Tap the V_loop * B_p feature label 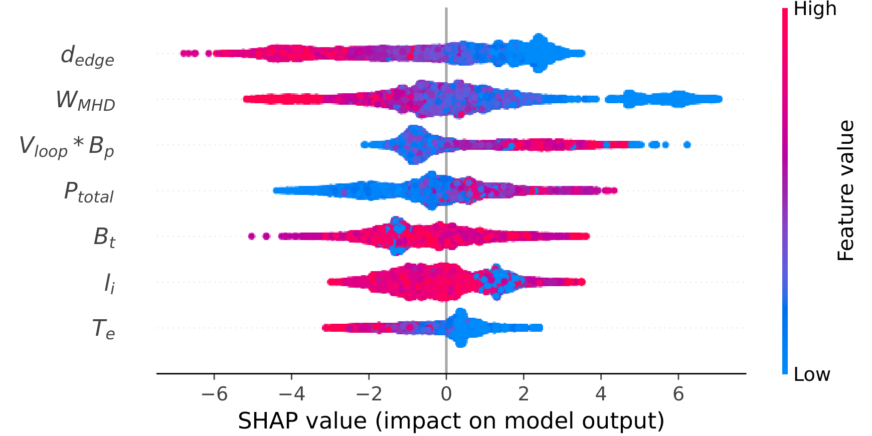67,146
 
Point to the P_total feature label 89,192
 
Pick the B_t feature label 104,237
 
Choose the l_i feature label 109,283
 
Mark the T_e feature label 103,329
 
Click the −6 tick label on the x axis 214,394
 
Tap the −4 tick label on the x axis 291,394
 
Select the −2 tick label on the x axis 369,394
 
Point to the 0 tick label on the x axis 446,394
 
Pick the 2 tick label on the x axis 524,394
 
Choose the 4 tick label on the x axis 601,394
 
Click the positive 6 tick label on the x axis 678,394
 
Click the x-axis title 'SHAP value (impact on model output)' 451,421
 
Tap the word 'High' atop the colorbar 815,9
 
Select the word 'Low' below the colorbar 812,374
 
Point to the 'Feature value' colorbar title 846,190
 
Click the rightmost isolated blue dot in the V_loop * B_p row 687,145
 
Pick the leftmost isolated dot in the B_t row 252,236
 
